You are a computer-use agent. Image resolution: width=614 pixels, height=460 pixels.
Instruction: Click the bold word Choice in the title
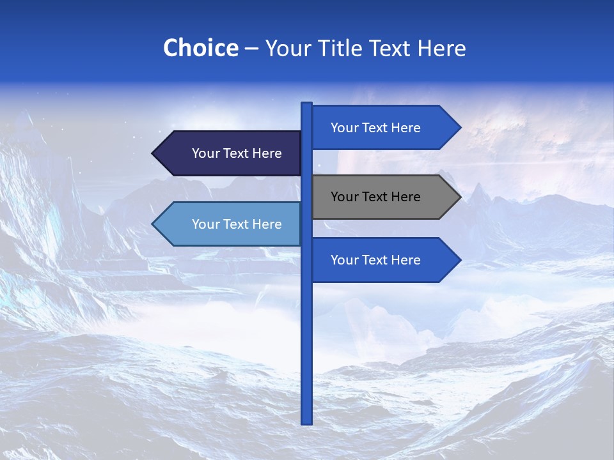click(200, 48)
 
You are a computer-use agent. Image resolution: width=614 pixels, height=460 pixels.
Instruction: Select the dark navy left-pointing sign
click(230, 153)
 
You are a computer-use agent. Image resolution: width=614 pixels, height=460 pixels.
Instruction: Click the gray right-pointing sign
click(384, 197)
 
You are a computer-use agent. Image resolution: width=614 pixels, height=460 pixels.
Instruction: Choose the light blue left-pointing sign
click(230, 224)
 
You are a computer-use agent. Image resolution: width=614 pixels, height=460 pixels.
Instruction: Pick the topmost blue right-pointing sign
click(384, 128)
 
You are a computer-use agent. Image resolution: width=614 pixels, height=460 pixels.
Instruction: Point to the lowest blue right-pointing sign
click(384, 260)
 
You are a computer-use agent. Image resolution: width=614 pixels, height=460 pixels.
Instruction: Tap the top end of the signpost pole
click(307, 104)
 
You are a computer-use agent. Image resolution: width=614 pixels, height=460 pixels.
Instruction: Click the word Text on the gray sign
click(375, 197)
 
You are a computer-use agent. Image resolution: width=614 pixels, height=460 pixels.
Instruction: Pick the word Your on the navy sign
click(205, 153)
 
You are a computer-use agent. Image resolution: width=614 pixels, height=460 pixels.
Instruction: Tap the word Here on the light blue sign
click(266, 224)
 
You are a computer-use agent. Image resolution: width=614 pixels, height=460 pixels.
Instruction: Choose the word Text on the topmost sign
click(375, 128)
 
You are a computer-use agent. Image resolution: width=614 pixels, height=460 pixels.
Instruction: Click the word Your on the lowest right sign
click(344, 260)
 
